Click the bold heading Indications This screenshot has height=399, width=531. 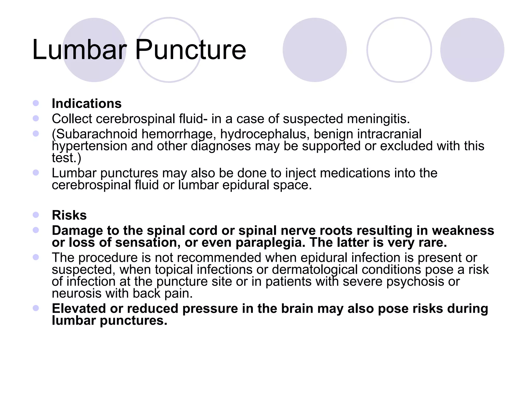[87, 103]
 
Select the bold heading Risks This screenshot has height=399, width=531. [69, 215]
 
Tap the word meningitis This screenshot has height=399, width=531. [378, 119]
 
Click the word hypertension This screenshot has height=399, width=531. [89, 146]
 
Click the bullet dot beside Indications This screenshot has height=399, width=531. [36, 103]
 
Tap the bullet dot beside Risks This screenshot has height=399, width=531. [36, 215]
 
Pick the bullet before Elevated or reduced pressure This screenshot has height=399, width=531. [36, 308]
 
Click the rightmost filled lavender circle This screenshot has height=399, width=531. [472, 50]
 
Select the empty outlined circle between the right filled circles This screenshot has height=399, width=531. [399, 50]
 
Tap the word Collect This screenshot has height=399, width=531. [72, 119]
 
